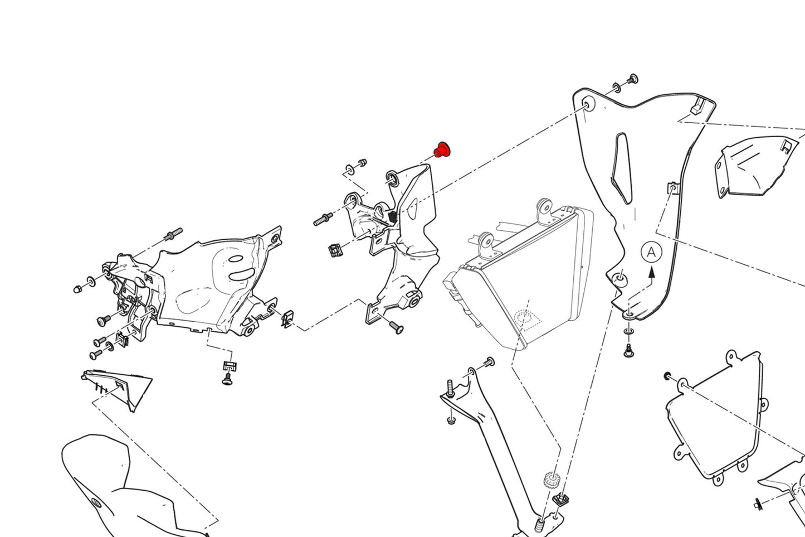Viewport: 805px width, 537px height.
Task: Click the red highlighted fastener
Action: click(x=442, y=149)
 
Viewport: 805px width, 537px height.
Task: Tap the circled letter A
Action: click(x=651, y=252)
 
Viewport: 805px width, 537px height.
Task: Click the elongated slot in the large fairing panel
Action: click(x=622, y=167)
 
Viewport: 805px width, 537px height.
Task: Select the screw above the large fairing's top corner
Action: click(x=632, y=79)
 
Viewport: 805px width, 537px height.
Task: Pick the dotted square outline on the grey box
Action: click(x=526, y=318)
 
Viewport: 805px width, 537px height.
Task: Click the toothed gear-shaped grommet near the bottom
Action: click(x=551, y=479)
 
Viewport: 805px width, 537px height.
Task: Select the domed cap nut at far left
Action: click(x=79, y=289)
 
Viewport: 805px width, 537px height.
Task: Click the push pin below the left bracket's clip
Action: click(x=227, y=380)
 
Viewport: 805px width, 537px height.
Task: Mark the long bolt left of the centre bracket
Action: click(x=323, y=219)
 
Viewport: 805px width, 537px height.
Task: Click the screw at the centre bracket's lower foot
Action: click(x=396, y=327)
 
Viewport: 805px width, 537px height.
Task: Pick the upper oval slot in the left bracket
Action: click(x=236, y=260)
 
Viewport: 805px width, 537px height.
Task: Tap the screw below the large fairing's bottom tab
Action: click(x=629, y=351)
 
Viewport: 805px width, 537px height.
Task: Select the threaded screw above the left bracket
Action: click(x=173, y=234)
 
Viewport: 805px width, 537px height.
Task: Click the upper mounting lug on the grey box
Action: click(x=544, y=207)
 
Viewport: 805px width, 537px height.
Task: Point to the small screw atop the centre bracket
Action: click(x=361, y=162)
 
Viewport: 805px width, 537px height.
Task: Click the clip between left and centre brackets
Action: click(x=287, y=319)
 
